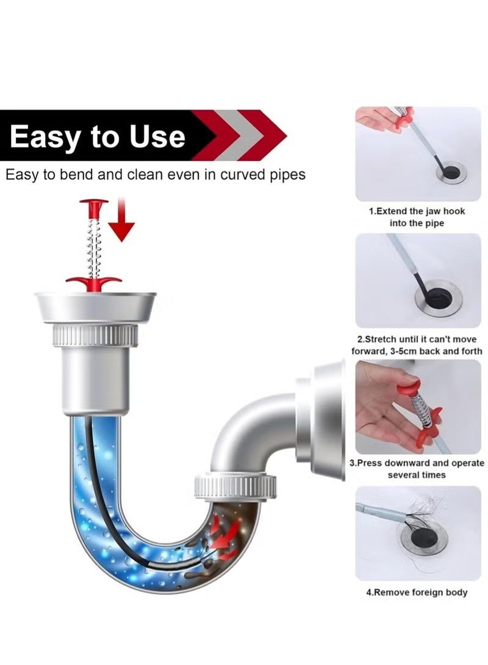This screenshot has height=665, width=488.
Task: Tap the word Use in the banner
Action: click(x=157, y=136)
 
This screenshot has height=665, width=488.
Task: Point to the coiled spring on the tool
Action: click(x=94, y=247)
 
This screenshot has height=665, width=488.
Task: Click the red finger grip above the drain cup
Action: click(x=94, y=282)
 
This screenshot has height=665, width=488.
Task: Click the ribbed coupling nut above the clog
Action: click(x=235, y=486)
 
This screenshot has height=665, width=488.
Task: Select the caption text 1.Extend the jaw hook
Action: click(x=417, y=212)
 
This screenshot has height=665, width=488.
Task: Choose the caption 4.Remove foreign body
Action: click(x=417, y=592)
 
